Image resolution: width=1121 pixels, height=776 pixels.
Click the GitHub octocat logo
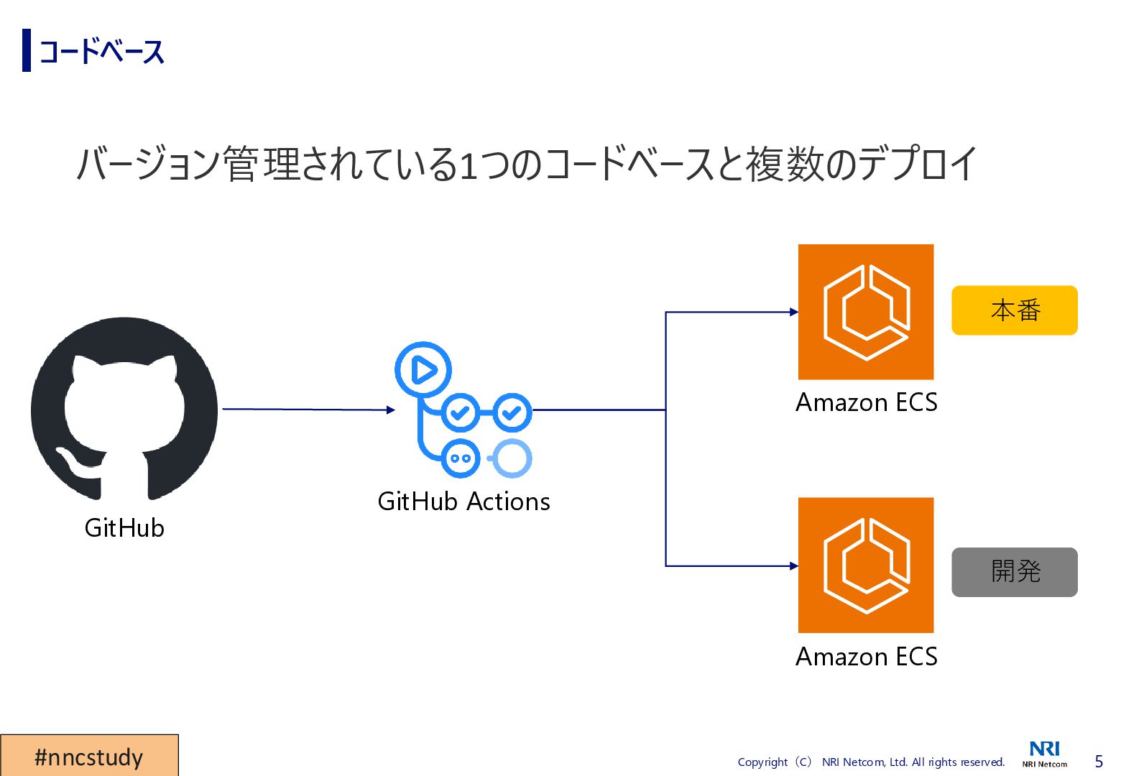point(124,408)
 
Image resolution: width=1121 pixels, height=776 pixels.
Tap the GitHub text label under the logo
point(124,528)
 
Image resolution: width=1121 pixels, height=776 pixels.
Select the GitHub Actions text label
point(463,502)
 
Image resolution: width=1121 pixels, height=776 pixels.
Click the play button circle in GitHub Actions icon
point(423,370)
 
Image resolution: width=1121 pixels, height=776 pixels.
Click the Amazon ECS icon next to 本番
point(866,312)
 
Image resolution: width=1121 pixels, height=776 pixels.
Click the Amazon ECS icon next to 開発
point(866,565)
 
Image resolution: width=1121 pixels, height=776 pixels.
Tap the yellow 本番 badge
point(1014,310)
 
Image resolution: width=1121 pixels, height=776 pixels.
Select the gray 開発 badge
point(1014,572)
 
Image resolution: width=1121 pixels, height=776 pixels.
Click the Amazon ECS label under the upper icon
point(866,402)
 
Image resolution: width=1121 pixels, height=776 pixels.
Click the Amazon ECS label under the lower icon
point(866,657)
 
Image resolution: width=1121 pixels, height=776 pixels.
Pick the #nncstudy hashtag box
point(89,756)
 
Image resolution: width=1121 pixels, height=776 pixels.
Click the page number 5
point(1098,762)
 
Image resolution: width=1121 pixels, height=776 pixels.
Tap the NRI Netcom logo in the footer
point(1045,754)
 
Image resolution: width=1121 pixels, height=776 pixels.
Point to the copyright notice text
point(871,762)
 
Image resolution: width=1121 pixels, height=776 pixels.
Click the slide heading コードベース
point(101,52)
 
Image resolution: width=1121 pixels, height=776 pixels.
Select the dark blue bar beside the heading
point(27,50)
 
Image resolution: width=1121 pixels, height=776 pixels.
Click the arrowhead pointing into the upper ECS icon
point(793,312)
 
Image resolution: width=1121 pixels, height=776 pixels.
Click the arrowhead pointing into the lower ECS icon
point(793,566)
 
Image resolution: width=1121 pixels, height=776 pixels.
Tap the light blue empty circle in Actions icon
point(512,458)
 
